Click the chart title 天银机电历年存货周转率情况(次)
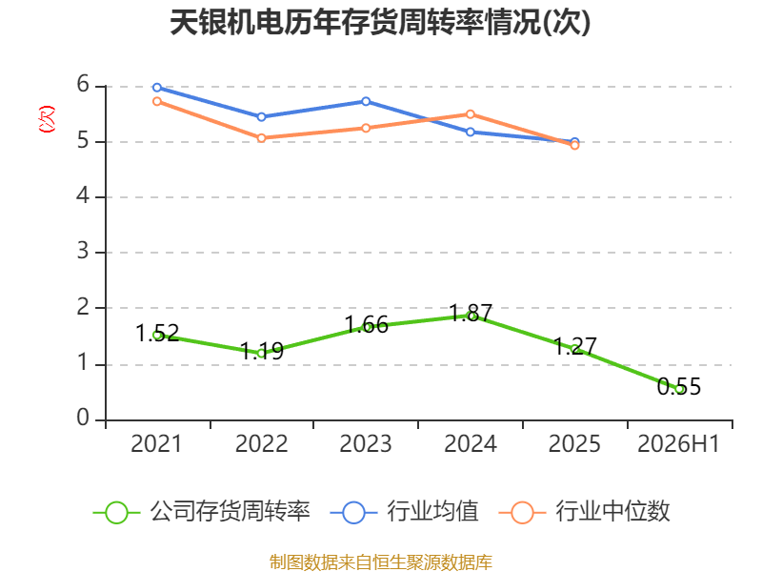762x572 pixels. click(380, 22)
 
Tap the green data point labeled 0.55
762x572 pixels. click(680, 389)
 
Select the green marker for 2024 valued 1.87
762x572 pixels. click(471, 316)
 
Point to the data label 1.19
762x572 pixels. click(262, 351)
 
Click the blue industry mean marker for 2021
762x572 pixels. click(157, 88)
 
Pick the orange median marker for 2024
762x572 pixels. click(471, 114)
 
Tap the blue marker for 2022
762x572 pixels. click(261, 117)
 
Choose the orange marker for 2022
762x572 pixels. click(261, 138)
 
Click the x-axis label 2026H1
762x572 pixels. click(678, 443)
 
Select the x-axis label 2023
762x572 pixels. click(366, 443)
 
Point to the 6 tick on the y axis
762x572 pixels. click(83, 85)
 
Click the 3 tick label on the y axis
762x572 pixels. click(83, 252)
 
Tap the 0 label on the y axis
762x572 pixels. click(83, 418)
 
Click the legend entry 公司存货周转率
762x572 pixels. click(202, 512)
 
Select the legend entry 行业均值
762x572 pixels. click(404, 512)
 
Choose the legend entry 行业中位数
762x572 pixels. click(585, 512)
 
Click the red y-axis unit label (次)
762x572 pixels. click(47, 119)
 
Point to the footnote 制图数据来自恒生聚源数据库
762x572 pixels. click(381, 562)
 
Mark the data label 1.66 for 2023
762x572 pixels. click(367, 324)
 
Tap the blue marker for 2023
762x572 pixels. click(366, 102)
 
